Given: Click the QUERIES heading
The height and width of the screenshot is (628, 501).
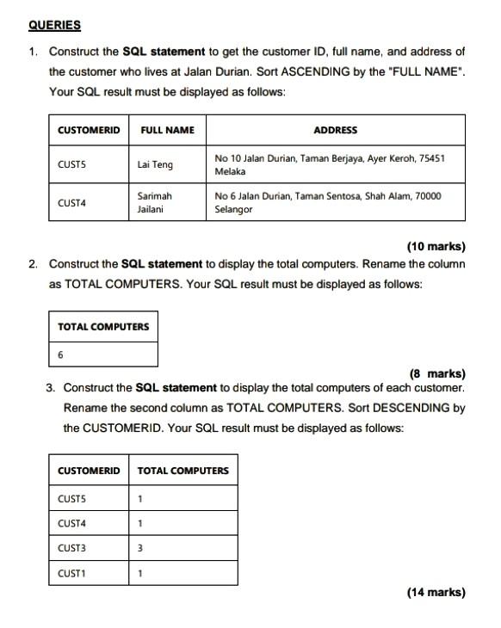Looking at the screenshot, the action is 53,26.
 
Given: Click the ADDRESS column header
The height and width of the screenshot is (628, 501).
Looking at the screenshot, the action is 335,130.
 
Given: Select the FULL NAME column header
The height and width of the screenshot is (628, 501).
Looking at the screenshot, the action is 167,130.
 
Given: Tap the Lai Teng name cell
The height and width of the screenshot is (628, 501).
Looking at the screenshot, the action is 155,163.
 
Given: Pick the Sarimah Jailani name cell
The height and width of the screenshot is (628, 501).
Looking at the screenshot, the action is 155,203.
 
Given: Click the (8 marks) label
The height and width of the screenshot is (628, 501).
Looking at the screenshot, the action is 437,373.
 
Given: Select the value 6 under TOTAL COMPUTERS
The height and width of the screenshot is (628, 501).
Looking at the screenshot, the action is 60,354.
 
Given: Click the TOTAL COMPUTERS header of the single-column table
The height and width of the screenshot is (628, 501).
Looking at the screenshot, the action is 103,326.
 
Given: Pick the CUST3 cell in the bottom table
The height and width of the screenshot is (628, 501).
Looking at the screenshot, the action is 71,548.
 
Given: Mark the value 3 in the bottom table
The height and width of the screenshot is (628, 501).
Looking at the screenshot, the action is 140,548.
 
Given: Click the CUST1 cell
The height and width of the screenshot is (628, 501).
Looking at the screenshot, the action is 71,573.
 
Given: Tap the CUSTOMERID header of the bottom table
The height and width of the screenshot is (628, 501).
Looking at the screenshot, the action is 89,471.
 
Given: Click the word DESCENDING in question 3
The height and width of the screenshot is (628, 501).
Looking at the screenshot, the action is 417,408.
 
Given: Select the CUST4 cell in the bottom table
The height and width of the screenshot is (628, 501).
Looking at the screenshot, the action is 71,523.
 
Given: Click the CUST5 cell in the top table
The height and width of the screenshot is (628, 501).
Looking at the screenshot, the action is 72,163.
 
